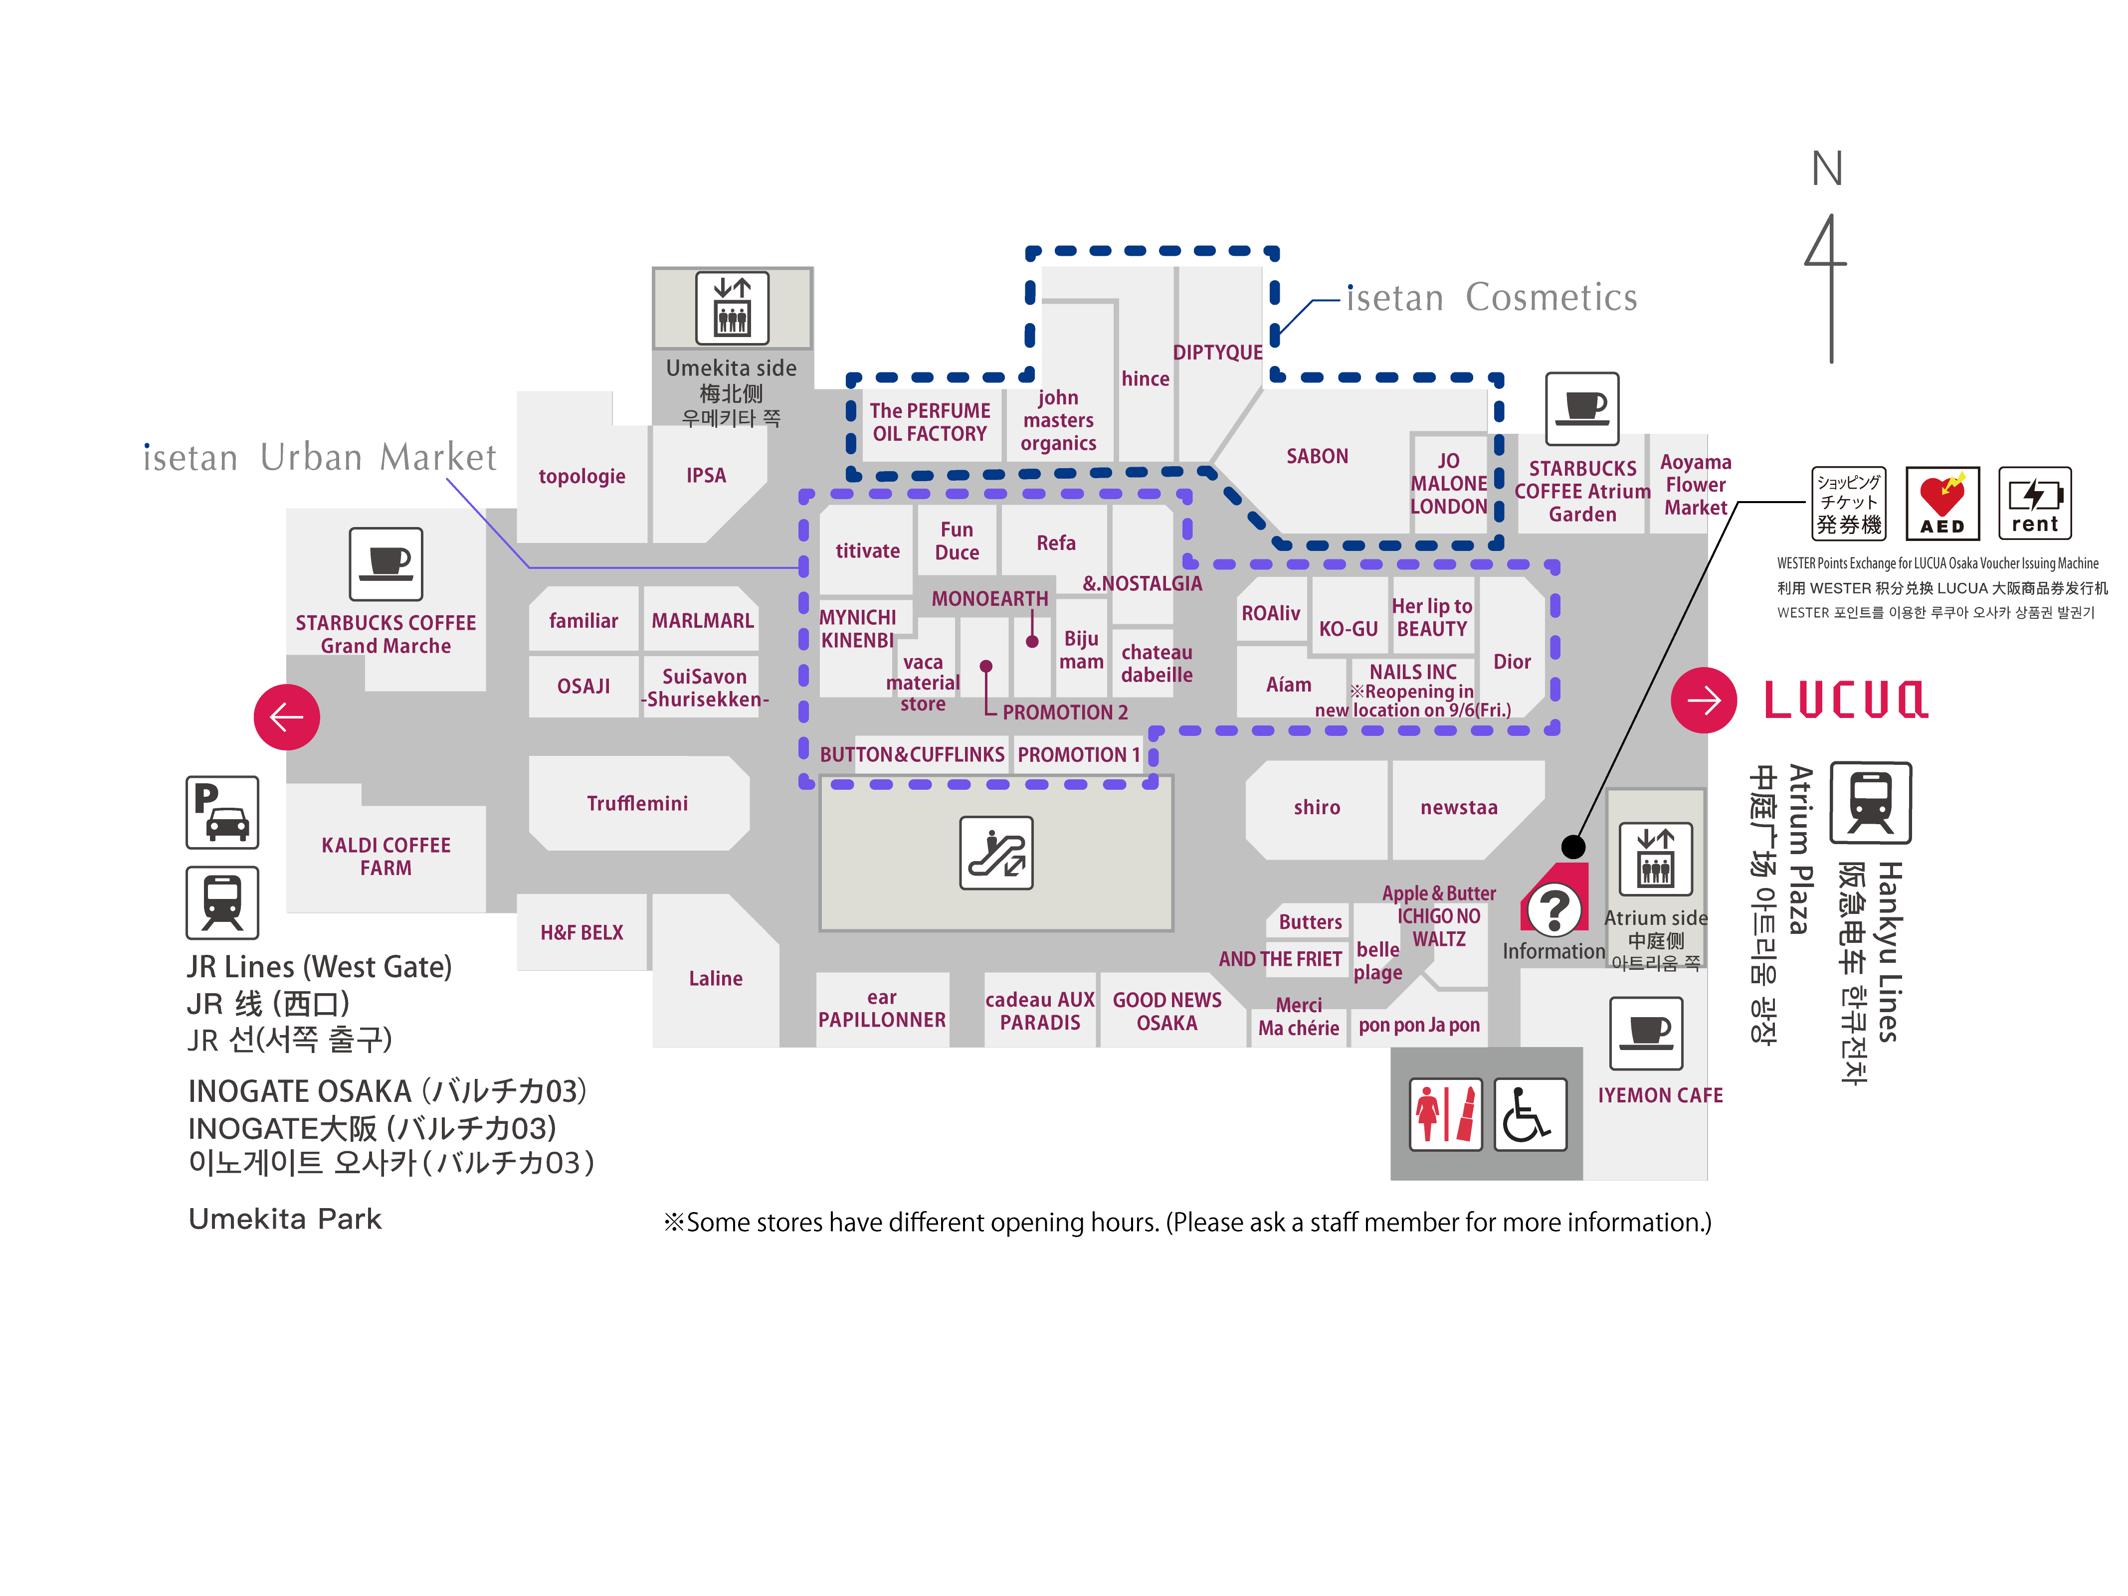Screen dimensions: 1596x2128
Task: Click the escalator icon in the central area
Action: (996, 853)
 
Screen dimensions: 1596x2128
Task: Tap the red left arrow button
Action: (287, 716)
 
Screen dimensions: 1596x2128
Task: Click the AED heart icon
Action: (1942, 502)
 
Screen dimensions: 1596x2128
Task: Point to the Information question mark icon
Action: (1553, 908)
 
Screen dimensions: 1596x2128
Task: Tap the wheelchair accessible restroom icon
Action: (1530, 1114)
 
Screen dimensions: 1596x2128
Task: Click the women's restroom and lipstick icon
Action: (1445, 1114)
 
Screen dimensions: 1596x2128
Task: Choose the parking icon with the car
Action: (222, 812)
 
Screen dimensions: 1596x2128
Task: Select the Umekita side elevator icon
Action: (732, 308)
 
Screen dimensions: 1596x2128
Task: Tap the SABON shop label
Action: (1317, 456)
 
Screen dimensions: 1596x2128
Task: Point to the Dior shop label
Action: (1511, 661)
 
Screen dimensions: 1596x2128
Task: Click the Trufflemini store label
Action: (637, 803)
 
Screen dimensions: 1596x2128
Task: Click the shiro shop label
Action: (1316, 807)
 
